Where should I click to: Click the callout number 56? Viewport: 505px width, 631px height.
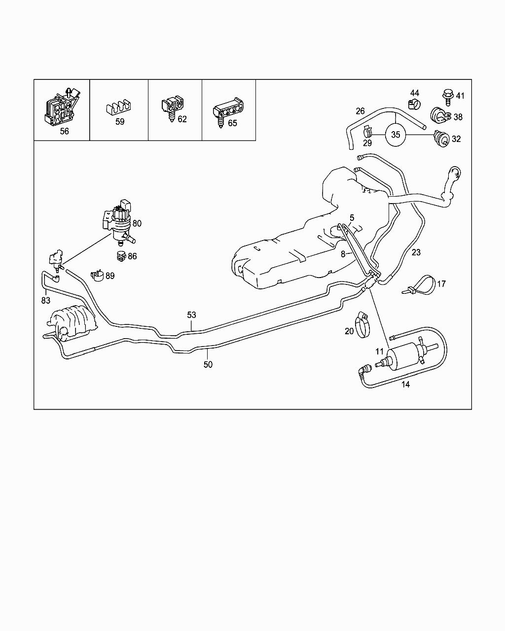[x=65, y=131]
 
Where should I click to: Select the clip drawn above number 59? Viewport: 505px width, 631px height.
[x=119, y=106]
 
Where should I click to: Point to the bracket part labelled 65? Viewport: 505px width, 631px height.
[x=228, y=110]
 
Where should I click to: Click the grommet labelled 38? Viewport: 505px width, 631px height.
[x=440, y=115]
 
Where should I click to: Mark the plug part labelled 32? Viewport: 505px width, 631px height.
[x=441, y=138]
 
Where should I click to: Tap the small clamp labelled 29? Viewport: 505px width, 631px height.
[x=367, y=132]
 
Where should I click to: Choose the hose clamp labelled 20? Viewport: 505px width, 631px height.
[x=364, y=326]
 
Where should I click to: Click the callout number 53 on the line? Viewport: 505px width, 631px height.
[x=191, y=315]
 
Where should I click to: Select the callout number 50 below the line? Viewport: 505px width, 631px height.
[x=208, y=364]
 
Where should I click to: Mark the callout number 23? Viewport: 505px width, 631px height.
[x=416, y=252]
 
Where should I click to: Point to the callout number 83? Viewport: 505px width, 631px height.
[x=46, y=299]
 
